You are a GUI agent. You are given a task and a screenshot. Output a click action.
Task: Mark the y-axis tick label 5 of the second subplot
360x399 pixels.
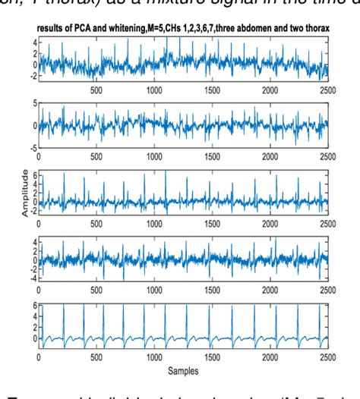pyautogui.click(x=33, y=102)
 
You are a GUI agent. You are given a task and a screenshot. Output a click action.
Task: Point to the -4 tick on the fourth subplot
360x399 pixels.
pyautogui.click(x=31, y=278)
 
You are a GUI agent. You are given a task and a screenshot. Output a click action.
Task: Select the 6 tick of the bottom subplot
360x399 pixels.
pyautogui.click(x=33, y=306)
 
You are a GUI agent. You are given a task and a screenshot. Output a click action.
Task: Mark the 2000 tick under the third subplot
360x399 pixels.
pyautogui.click(x=270, y=222)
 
